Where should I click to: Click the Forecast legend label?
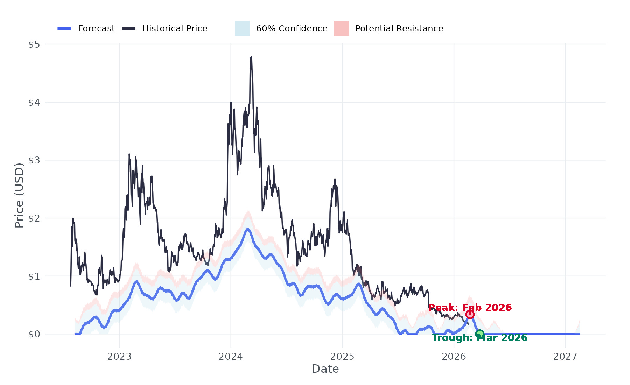point(96,29)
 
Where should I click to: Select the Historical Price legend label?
point(175,29)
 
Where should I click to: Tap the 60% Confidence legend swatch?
point(242,28)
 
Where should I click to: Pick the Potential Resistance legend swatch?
point(341,28)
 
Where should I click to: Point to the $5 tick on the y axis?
point(34,44)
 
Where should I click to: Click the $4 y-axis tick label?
point(34,103)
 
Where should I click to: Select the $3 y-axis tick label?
point(34,160)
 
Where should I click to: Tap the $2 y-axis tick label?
point(34,218)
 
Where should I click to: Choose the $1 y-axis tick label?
point(34,276)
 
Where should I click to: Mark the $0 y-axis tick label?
point(34,334)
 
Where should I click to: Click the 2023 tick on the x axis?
point(119,357)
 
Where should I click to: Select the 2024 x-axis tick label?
point(231,357)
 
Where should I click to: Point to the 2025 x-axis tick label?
point(342,357)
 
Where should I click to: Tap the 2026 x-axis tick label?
point(454,357)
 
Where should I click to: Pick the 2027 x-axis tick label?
point(565,357)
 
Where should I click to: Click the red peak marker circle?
point(470,314)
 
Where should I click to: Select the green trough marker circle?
point(480,334)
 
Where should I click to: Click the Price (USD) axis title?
point(19,195)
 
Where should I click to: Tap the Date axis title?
point(325,369)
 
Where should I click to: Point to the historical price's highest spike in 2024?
point(251,57)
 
